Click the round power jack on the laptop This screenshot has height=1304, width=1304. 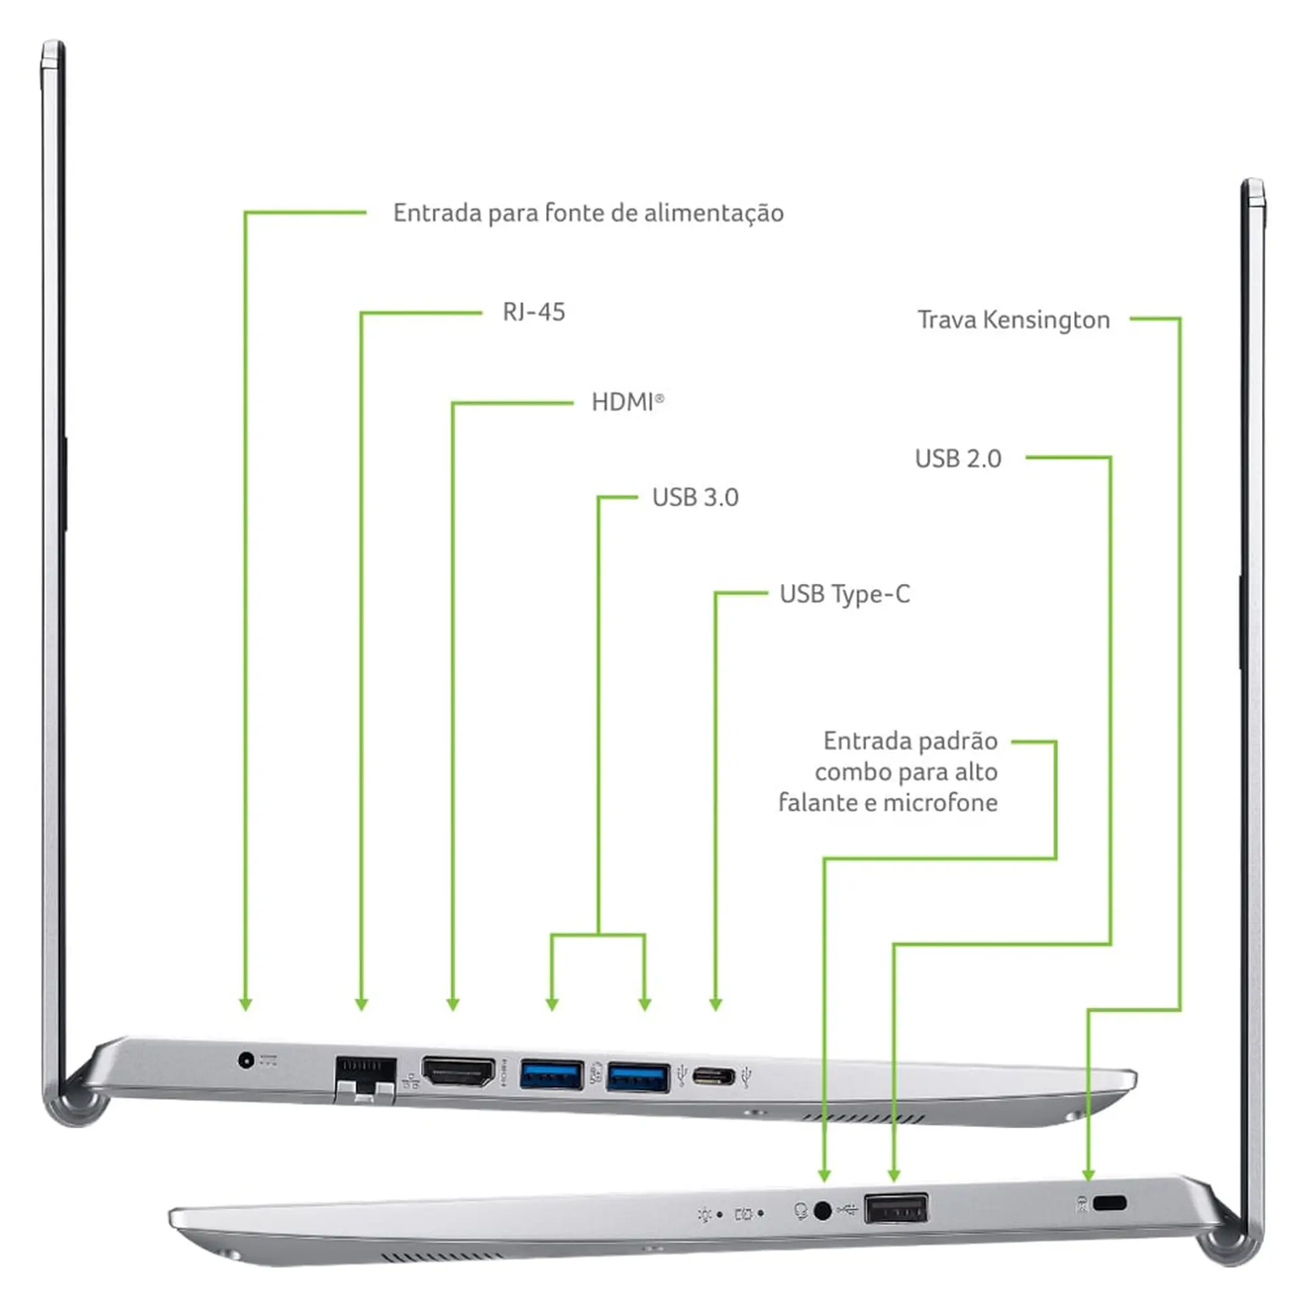click(246, 1059)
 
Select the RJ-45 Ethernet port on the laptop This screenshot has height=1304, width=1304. click(365, 1079)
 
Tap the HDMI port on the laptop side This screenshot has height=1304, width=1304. click(458, 1072)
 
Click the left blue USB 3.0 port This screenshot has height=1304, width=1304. click(551, 1075)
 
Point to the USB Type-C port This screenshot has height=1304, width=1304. click(714, 1076)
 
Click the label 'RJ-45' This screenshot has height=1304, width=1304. click(534, 312)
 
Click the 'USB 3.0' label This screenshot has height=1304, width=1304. click(695, 497)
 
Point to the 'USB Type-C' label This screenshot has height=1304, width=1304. click(845, 594)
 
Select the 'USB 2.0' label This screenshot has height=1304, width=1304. click(958, 458)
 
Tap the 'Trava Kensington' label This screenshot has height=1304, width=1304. click(1014, 320)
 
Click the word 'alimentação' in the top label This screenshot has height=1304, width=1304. click(714, 214)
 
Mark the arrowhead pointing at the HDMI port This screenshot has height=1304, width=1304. click(453, 1004)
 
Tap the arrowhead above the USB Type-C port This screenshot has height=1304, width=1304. click(715, 1004)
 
